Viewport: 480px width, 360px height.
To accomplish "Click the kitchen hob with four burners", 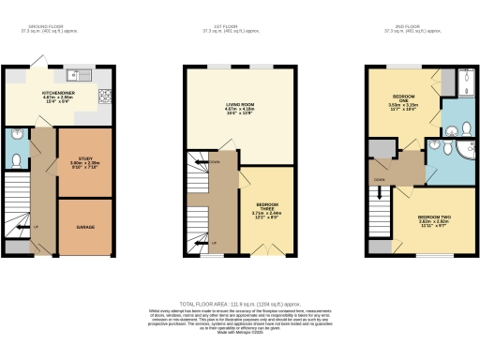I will (x=107, y=94).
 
